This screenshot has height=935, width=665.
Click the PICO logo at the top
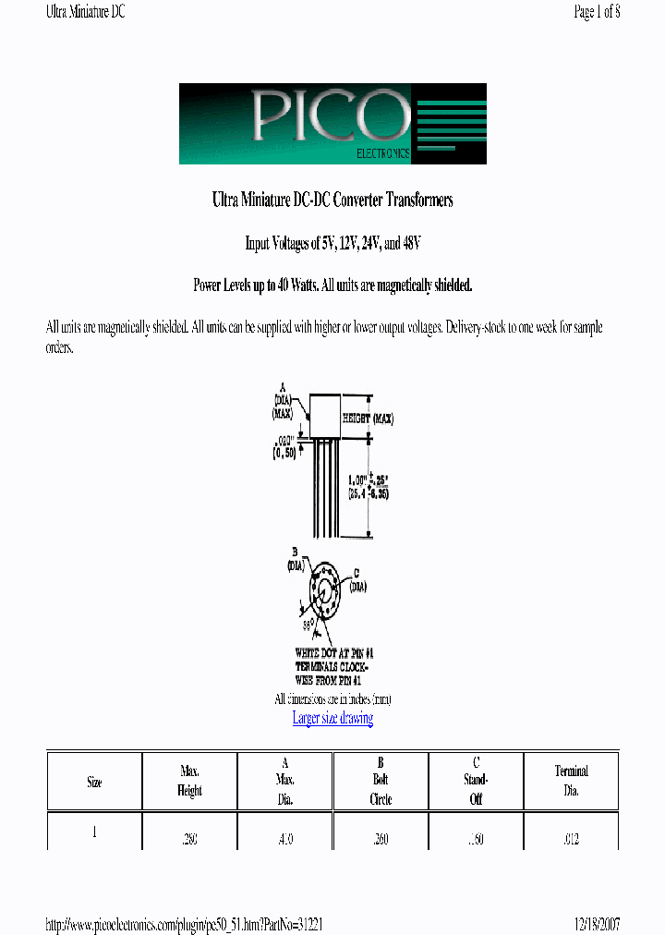pyautogui.click(x=332, y=124)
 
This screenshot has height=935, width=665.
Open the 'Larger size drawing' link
pyautogui.click(x=332, y=718)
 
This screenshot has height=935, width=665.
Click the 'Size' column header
pyautogui.click(x=94, y=782)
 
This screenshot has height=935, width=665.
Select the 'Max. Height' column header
pyautogui.click(x=189, y=781)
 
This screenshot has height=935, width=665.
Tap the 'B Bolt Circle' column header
pyautogui.click(x=381, y=781)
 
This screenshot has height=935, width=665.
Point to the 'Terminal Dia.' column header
pyautogui.click(x=571, y=781)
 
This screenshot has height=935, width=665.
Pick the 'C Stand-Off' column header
pyautogui.click(x=476, y=781)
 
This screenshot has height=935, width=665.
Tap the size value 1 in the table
pyautogui.click(x=94, y=831)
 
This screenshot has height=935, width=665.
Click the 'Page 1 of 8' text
pyautogui.click(x=597, y=12)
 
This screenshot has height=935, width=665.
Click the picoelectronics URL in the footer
pyautogui.click(x=184, y=924)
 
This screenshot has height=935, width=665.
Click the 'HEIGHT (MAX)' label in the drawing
pyautogui.click(x=368, y=419)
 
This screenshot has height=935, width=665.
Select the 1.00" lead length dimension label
pyautogui.click(x=366, y=486)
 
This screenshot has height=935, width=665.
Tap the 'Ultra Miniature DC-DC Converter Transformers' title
pyautogui.click(x=332, y=200)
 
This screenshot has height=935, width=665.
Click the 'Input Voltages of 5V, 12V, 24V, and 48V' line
pyautogui.click(x=332, y=243)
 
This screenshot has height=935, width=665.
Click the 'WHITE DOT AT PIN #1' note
pyautogui.click(x=333, y=652)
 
